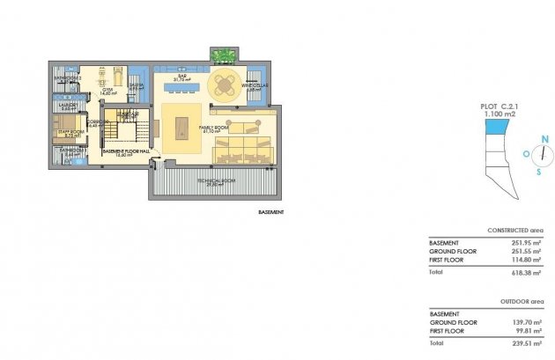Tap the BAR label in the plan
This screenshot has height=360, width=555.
182,77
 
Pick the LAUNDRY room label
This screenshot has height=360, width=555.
69,107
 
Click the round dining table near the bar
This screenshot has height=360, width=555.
226,85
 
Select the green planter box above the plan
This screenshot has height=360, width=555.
223,55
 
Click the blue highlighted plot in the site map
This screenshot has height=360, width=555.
498,128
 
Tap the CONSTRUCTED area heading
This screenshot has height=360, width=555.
516,230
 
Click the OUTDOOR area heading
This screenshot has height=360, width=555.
521,301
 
